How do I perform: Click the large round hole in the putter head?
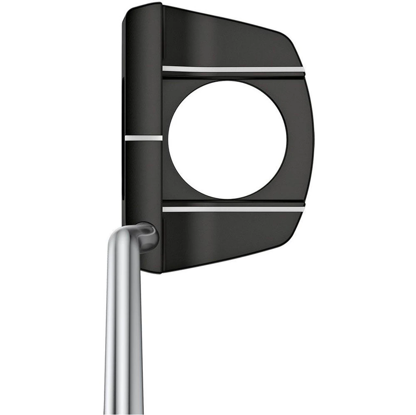[227, 140]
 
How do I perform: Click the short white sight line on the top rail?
[143, 138]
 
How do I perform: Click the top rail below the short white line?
[143, 182]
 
